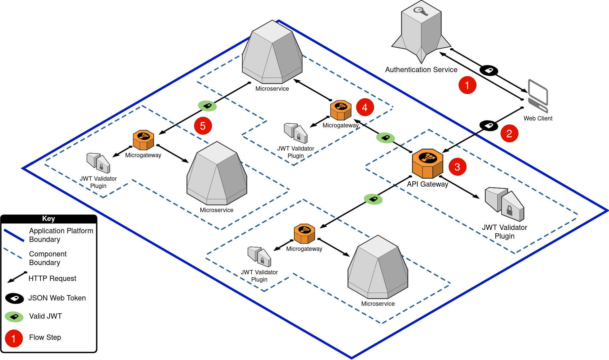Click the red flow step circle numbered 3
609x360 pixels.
tap(457, 167)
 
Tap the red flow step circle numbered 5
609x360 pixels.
tap(203, 126)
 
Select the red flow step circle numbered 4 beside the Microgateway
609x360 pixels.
tap(365, 107)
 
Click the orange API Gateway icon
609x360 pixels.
tap(427, 163)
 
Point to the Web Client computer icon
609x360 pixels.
tap(538, 96)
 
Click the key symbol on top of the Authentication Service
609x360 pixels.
tap(421, 12)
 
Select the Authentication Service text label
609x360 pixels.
tap(421, 70)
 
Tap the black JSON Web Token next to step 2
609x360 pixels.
tap(489, 125)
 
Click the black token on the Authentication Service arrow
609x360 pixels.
tap(489, 70)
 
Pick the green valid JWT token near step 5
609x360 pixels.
tap(207, 106)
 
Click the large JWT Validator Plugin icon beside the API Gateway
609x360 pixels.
tap(505, 204)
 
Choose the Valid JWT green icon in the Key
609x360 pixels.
tap(14, 317)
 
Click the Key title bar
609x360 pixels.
tap(49, 219)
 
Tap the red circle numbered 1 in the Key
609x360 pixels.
tap(14, 338)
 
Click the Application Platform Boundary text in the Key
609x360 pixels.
tap(61, 235)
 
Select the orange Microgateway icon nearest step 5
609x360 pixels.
tap(143, 140)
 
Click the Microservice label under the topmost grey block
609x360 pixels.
tap(272, 89)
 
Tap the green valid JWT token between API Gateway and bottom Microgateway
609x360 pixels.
tap(373, 199)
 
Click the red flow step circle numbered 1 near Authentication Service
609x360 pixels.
tap(467, 85)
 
